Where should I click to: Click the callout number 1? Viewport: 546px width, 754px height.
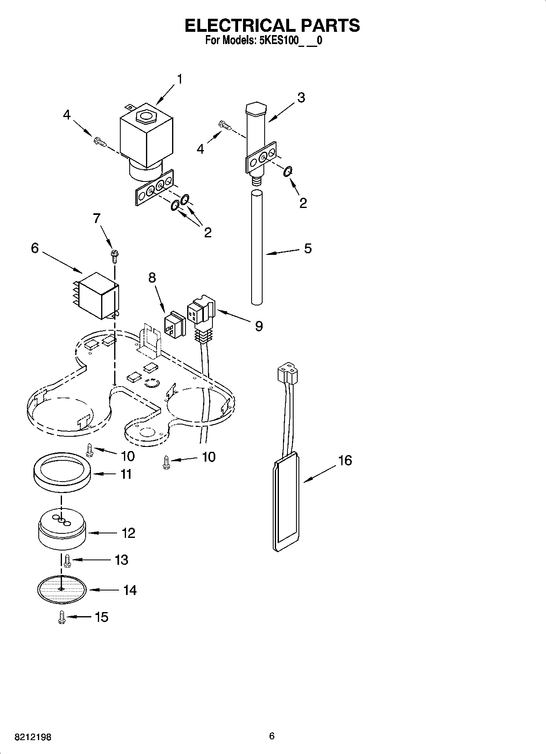(179, 79)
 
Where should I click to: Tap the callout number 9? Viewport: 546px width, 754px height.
(259, 326)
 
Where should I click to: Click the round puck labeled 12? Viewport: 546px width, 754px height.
(62, 533)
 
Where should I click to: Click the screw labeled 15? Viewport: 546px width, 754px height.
(62, 617)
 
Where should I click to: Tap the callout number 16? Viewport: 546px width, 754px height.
(345, 460)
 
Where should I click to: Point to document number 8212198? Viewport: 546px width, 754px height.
(33, 737)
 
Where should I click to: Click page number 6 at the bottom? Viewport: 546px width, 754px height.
(272, 736)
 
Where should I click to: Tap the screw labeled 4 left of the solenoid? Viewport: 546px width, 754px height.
(100, 142)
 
